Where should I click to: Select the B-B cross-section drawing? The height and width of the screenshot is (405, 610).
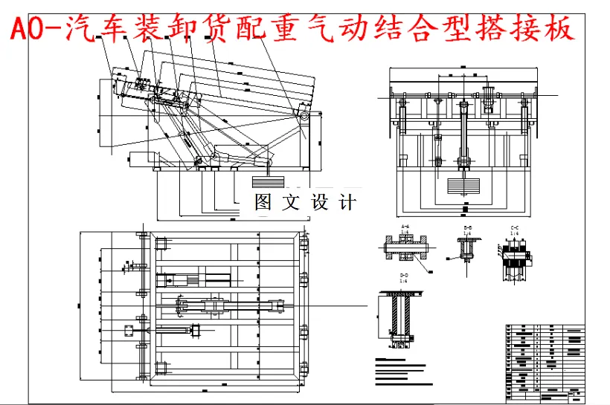click(x=467, y=250)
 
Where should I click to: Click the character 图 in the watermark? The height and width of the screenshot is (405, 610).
click(x=263, y=201)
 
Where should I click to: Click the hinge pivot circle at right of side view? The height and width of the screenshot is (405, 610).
click(x=304, y=111)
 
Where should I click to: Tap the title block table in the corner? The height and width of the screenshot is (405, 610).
click(x=544, y=360)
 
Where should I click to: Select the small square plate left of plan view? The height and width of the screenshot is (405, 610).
click(x=127, y=329)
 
